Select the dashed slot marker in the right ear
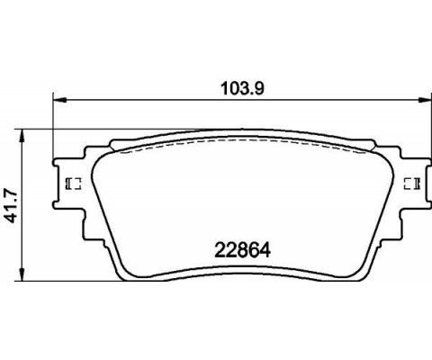coord(415,184)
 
